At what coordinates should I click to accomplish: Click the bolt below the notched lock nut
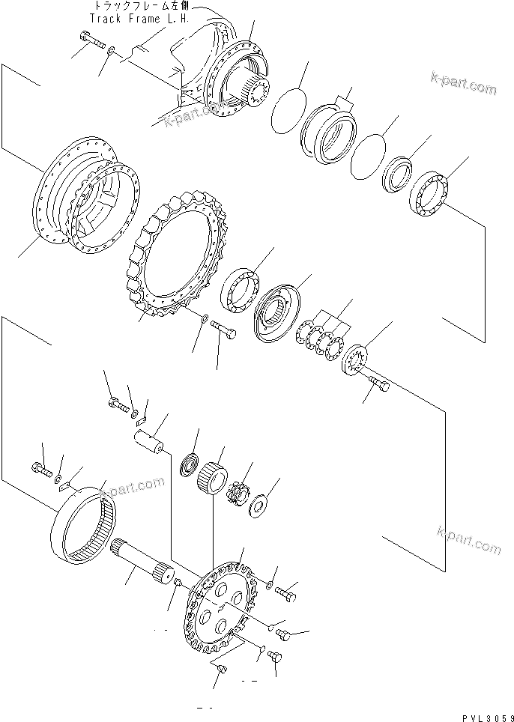(378, 386)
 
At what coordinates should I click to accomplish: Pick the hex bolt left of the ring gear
(41, 470)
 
